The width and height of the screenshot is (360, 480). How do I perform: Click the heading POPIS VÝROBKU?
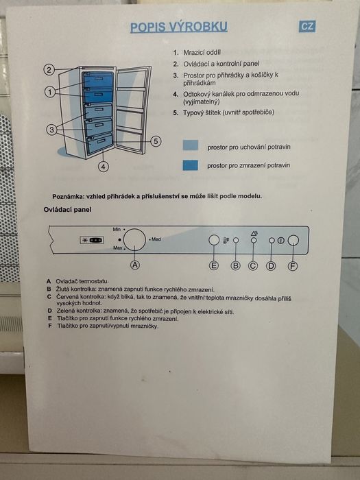point(179,27)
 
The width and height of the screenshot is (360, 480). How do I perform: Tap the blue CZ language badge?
point(307,26)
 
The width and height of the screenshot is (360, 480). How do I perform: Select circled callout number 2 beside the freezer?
point(49,70)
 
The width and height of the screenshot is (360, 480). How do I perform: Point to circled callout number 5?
point(156,141)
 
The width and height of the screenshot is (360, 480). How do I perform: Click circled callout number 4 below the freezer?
point(104,167)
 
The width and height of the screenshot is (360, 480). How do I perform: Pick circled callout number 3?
point(51,130)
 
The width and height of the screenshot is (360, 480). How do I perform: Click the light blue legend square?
point(191,145)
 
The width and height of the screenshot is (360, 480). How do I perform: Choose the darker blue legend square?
point(191,165)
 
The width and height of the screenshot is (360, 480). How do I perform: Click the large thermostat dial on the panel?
point(135,239)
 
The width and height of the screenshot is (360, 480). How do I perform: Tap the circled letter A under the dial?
point(135,265)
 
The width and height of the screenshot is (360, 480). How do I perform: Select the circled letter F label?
point(293,266)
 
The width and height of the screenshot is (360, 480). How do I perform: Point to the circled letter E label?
point(214,265)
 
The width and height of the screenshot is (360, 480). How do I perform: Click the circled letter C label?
point(252,266)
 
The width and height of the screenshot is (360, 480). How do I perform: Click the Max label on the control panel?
point(117,248)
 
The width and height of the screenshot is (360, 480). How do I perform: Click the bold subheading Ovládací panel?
point(67,210)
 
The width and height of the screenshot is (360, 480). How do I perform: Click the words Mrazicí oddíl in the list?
point(202,52)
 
